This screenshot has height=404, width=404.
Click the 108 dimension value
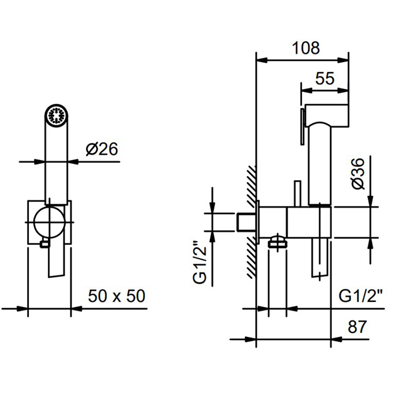(306, 48)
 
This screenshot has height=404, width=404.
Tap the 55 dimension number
(324, 78)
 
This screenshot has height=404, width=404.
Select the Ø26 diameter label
(102, 149)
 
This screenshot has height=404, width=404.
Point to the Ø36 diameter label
(358, 174)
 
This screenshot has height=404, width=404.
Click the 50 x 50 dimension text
(117, 295)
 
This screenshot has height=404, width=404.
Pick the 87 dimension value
(357, 327)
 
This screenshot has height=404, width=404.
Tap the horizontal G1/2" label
(361, 295)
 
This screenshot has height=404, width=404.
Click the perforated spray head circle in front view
(57, 115)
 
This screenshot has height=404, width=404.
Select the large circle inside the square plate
(49, 222)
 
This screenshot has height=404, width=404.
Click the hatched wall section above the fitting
(251, 186)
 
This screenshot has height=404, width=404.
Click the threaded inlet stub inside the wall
(246, 222)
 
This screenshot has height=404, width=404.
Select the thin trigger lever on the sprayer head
(302, 126)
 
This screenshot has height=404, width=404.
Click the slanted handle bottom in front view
(56, 261)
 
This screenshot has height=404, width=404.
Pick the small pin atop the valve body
(298, 193)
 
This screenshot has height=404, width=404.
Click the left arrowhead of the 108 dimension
(262, 61)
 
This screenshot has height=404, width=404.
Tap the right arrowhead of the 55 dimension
(343, 91)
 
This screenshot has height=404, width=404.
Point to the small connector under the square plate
(44, 243)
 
